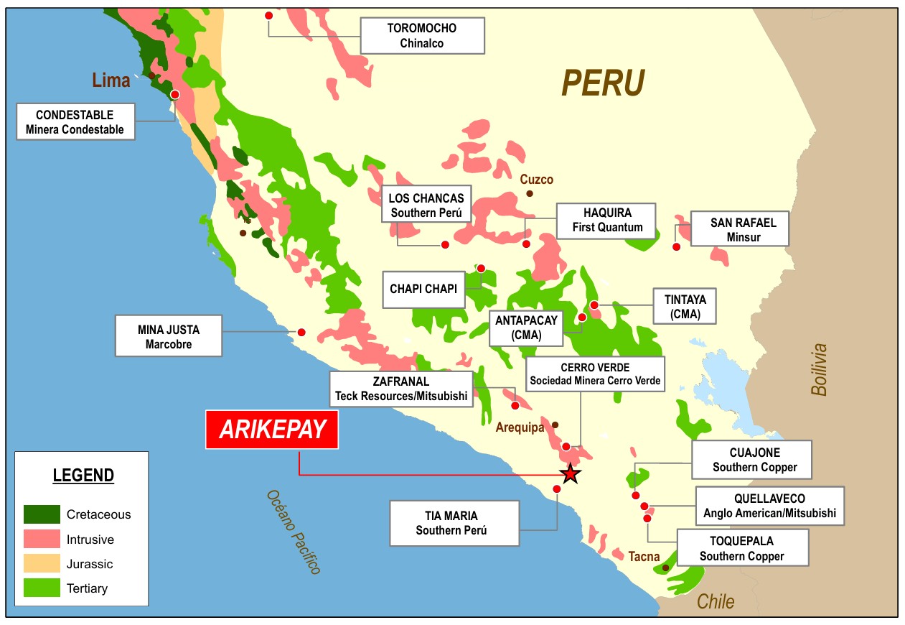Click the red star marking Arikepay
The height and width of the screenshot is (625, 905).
[570, 473]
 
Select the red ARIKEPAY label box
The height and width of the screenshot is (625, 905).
[272, 430]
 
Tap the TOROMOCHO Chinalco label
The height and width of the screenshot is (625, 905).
[421, 35]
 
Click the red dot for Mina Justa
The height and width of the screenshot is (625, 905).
[301, 332]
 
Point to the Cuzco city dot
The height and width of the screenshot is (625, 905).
[530, 193]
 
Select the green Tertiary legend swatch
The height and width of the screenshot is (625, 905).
[42, 588]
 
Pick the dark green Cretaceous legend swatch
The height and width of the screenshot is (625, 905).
[42, 514]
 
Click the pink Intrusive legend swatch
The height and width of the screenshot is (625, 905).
[42, 539]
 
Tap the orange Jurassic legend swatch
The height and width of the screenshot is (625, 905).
[42, 563]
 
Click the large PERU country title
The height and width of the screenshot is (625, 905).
[603, 83]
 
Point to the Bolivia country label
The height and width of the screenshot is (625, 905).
[819, 369]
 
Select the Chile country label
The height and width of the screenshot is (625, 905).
[716, 601]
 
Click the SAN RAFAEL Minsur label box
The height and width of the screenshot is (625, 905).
[742, 228]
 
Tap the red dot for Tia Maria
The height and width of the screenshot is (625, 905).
[557, 489]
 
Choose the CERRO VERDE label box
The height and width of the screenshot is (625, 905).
[595, 374]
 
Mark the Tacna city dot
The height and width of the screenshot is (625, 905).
[665, 568]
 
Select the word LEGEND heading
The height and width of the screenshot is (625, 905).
[83, 475]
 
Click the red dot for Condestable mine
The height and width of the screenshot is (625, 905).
[174, 94]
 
